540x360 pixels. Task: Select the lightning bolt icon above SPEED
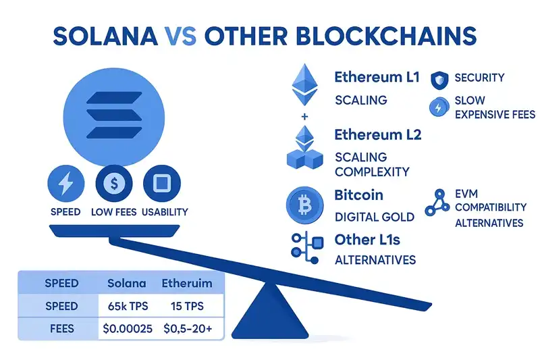(x=65, y=182)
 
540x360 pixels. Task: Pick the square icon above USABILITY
(x=161, y=182)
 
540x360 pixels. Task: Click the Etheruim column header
(x=185, y=282)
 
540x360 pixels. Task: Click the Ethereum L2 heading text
(x=377, y=134)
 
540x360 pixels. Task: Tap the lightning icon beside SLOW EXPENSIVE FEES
(x=438, y=107)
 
